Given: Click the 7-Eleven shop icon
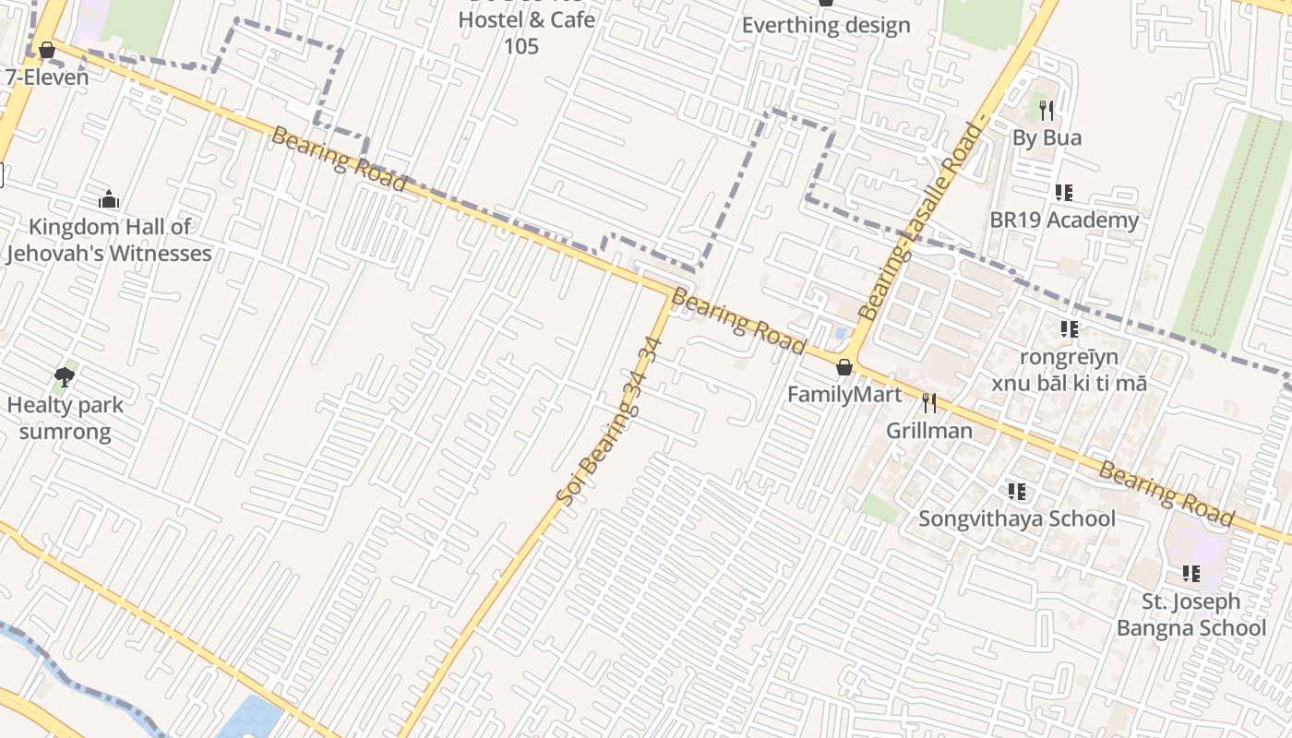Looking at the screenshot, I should coord(47,50).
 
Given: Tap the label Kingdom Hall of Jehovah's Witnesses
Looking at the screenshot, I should coord(109,240).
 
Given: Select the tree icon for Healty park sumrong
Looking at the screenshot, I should coord(64,376).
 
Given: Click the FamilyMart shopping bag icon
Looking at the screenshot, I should coord(843,367).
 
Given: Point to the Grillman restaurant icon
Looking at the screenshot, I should coord(929,403).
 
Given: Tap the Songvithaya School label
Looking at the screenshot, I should coord(1017,518).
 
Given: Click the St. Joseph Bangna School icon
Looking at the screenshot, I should coord(1191,574).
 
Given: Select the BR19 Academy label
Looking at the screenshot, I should coord(1064,220).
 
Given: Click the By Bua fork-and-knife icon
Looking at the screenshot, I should coord(1046,111).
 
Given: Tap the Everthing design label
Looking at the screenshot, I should coord(826,25).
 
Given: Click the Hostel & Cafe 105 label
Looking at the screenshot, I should coord(526,31).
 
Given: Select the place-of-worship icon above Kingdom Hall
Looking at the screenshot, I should coord(109,199).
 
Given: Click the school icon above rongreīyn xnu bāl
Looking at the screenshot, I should coord(1069,329).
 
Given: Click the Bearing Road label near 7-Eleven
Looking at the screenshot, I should coord(339,160).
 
